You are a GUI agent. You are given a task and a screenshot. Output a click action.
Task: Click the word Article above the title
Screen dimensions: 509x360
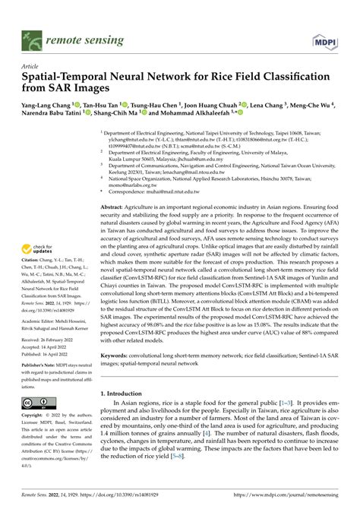tap(30, 66)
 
